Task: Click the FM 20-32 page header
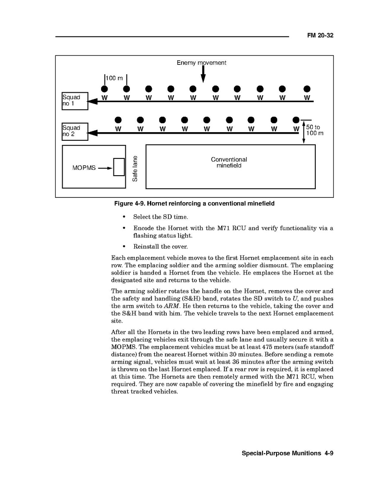pyautogui.click(x=320, y=36)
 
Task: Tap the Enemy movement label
pyautogui.click(x=201, y=63)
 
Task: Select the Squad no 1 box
pyautogui.click(x=75, y=101)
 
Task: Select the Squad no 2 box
pyautogui.click(x=75, y=131)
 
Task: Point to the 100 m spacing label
pyautogui.click(x=114, y=78)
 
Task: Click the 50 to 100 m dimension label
pyautogui.click(x=314, y=131)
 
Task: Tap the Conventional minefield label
pyautogui.click(x=229, y=163)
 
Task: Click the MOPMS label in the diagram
pyautogui.click(x=84, y=168)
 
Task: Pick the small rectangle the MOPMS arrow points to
pyautogui.click(x=119, y=167)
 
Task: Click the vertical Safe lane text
pyautogui.click(x=135, y=168)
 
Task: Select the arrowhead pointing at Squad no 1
pyautogui.click(x=93, y=101)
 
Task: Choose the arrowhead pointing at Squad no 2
pyautogui.click(x=92, y=133)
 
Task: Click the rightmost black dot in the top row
pyautogui.click(x=307, y=89)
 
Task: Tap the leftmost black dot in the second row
pyautogui.click(x=118, y=120)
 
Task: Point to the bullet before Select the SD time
pyautogui.click(x=124, y=217)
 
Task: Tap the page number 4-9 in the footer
pyautogui.click(x=329, y=453)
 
